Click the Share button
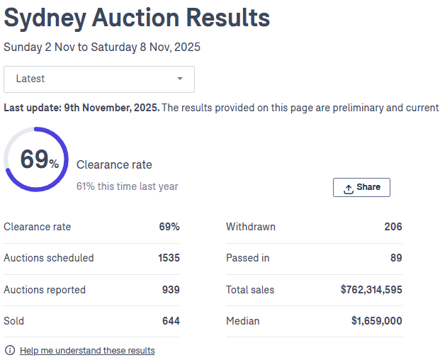pos(361,187)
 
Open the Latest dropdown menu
pos(99,79)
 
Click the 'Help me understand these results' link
pos(87,350)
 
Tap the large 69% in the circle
pos(39,159)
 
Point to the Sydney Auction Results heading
pos(137,18)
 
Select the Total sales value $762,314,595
pos(371,289)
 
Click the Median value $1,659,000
pos(376,320)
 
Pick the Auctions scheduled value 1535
pos(169,258)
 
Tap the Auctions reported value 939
pos(171,289)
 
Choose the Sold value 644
pos(171,320)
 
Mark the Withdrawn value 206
pos(393,227)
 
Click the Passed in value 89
pos(396,258)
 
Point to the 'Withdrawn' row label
pos(251,227)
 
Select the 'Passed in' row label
pos(247,258)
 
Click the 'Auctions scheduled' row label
pos(49,258)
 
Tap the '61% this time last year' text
pos(128,186)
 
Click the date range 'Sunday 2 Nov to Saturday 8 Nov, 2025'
pos(102,47)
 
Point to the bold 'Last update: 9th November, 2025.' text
pos(81,108)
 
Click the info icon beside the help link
pos(10,350)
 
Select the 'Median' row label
pos(243,320)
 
